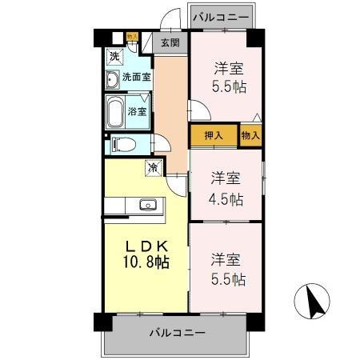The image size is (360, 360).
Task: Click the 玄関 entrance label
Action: click(169, 43)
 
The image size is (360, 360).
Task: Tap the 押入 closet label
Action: click(214, 136)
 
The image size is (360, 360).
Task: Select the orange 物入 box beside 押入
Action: click(250, 136)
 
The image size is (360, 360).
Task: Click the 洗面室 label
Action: click(136, 78)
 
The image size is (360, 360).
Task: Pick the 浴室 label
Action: click(137, 110)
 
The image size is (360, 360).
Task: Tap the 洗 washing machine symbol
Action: click(114, 56)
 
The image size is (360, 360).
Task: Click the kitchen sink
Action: click(148, 205)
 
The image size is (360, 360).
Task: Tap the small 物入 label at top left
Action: click(132, 36)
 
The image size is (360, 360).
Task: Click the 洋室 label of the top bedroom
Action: click(226, 67)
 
